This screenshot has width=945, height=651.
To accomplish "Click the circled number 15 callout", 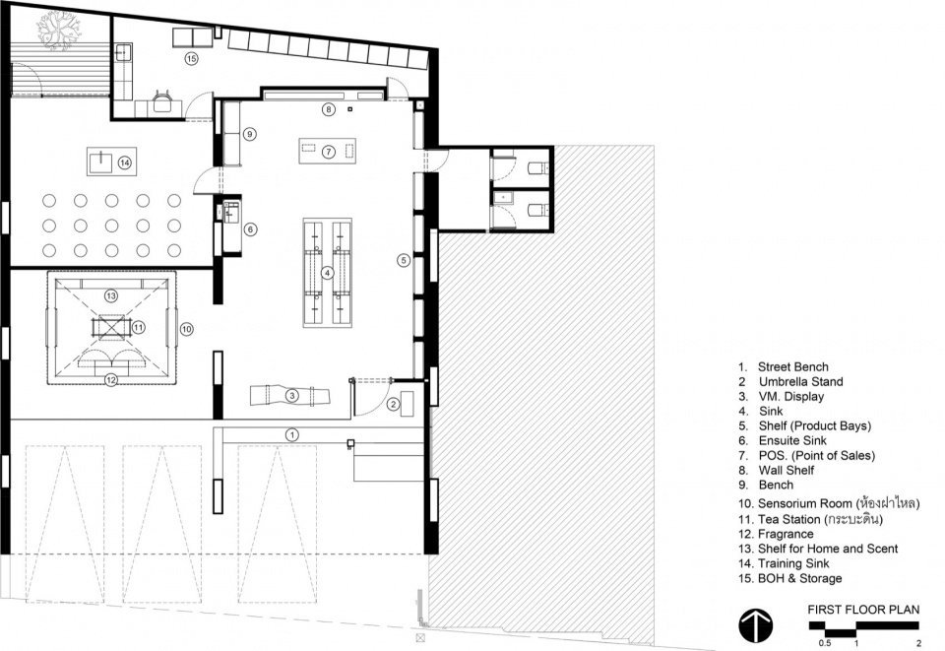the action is point(191,58).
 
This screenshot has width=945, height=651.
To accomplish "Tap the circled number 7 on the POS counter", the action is point(328,152).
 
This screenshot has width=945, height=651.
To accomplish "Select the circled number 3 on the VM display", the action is point(291,396).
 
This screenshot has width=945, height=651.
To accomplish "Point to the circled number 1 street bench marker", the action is point(291,434).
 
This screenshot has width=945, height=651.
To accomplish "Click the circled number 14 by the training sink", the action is point(124,163).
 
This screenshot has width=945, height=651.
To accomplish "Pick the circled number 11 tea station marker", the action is point(139,327).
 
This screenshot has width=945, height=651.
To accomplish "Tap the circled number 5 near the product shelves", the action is point(404,260).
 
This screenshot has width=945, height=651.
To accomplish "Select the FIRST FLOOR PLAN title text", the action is point(863,610).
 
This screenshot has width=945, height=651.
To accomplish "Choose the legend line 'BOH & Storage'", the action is point(799,579).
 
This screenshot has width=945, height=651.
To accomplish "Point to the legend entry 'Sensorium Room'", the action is point(804,503).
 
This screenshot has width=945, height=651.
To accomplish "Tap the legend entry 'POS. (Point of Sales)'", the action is point(817,456).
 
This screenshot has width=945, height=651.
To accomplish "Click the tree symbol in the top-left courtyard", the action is point(58,31).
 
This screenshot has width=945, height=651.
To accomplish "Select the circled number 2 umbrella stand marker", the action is point(393,404).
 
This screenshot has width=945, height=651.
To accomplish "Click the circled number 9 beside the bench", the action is point(249,134).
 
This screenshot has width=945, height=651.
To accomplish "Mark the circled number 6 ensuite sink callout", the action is point(250,229).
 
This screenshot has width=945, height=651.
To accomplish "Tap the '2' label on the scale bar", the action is point(918,643).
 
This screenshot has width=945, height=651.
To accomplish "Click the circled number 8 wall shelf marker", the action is point(328,109).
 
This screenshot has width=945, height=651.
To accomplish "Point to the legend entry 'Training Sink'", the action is point(793,563).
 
